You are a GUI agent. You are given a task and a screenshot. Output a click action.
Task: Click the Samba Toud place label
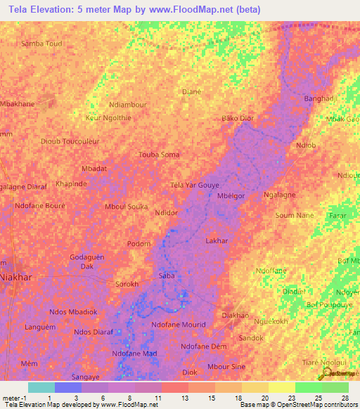[x=42, y=43]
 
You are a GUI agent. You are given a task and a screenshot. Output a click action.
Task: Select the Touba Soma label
[x=159, y=155]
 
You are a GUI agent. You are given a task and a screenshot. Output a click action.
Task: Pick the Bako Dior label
[x=238, y=118]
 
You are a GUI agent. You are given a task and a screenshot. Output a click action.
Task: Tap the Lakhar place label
[x=216, y=241]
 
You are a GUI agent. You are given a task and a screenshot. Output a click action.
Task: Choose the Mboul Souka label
[x=126, y=207]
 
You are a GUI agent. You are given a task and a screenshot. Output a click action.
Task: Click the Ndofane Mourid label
[x=179, y=325]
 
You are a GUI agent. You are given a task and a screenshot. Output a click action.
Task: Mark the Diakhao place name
[x=236, y=316]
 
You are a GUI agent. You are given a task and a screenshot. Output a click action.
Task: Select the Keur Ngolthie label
[x=108, y=118]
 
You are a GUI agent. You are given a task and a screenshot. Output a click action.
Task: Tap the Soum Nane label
[x=295, y=215]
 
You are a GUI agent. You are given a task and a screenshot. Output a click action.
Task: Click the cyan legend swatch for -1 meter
[x=41, y=387]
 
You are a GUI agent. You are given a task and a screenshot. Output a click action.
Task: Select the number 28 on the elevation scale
[x=345, y=398]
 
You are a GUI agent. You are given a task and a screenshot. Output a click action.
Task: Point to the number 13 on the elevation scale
[x=184, y=398]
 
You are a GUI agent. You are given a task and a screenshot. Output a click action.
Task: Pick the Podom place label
[x=139, y=244]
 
